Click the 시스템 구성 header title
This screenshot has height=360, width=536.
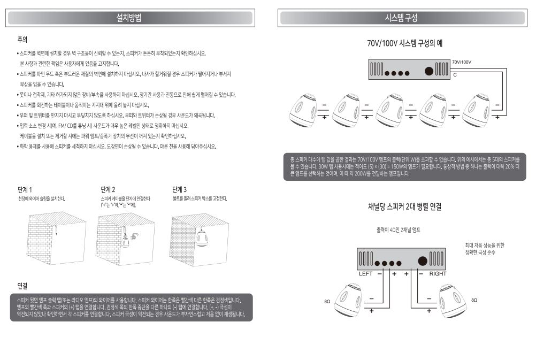click(401, 18)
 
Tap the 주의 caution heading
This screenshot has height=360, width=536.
click(22, 40)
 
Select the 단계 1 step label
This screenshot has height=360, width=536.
click(25, 190)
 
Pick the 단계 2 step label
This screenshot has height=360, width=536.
click(108, 190)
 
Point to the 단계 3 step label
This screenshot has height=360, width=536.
click(179, 189)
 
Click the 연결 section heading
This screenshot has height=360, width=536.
click(22, 286)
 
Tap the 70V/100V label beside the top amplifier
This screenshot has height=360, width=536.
click(462, 62)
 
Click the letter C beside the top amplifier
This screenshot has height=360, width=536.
click(455, 75)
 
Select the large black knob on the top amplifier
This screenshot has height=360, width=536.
click(429, 71)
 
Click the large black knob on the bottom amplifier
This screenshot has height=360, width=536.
click(423, 261)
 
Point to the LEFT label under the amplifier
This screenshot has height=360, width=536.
click(365, 274)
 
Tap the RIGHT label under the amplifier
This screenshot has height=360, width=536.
click(438, 274)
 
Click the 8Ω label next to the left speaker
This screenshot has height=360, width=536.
click(327, 302)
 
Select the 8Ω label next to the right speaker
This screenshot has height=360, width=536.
click(474, 300)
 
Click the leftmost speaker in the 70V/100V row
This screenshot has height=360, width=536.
click(303, 110)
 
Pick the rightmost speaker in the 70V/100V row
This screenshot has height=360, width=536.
click(476, 110)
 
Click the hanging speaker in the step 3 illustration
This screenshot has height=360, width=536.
click(201, 238)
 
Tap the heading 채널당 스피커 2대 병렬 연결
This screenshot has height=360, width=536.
click(405, 207)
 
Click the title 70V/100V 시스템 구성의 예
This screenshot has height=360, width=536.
click(405, 43)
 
